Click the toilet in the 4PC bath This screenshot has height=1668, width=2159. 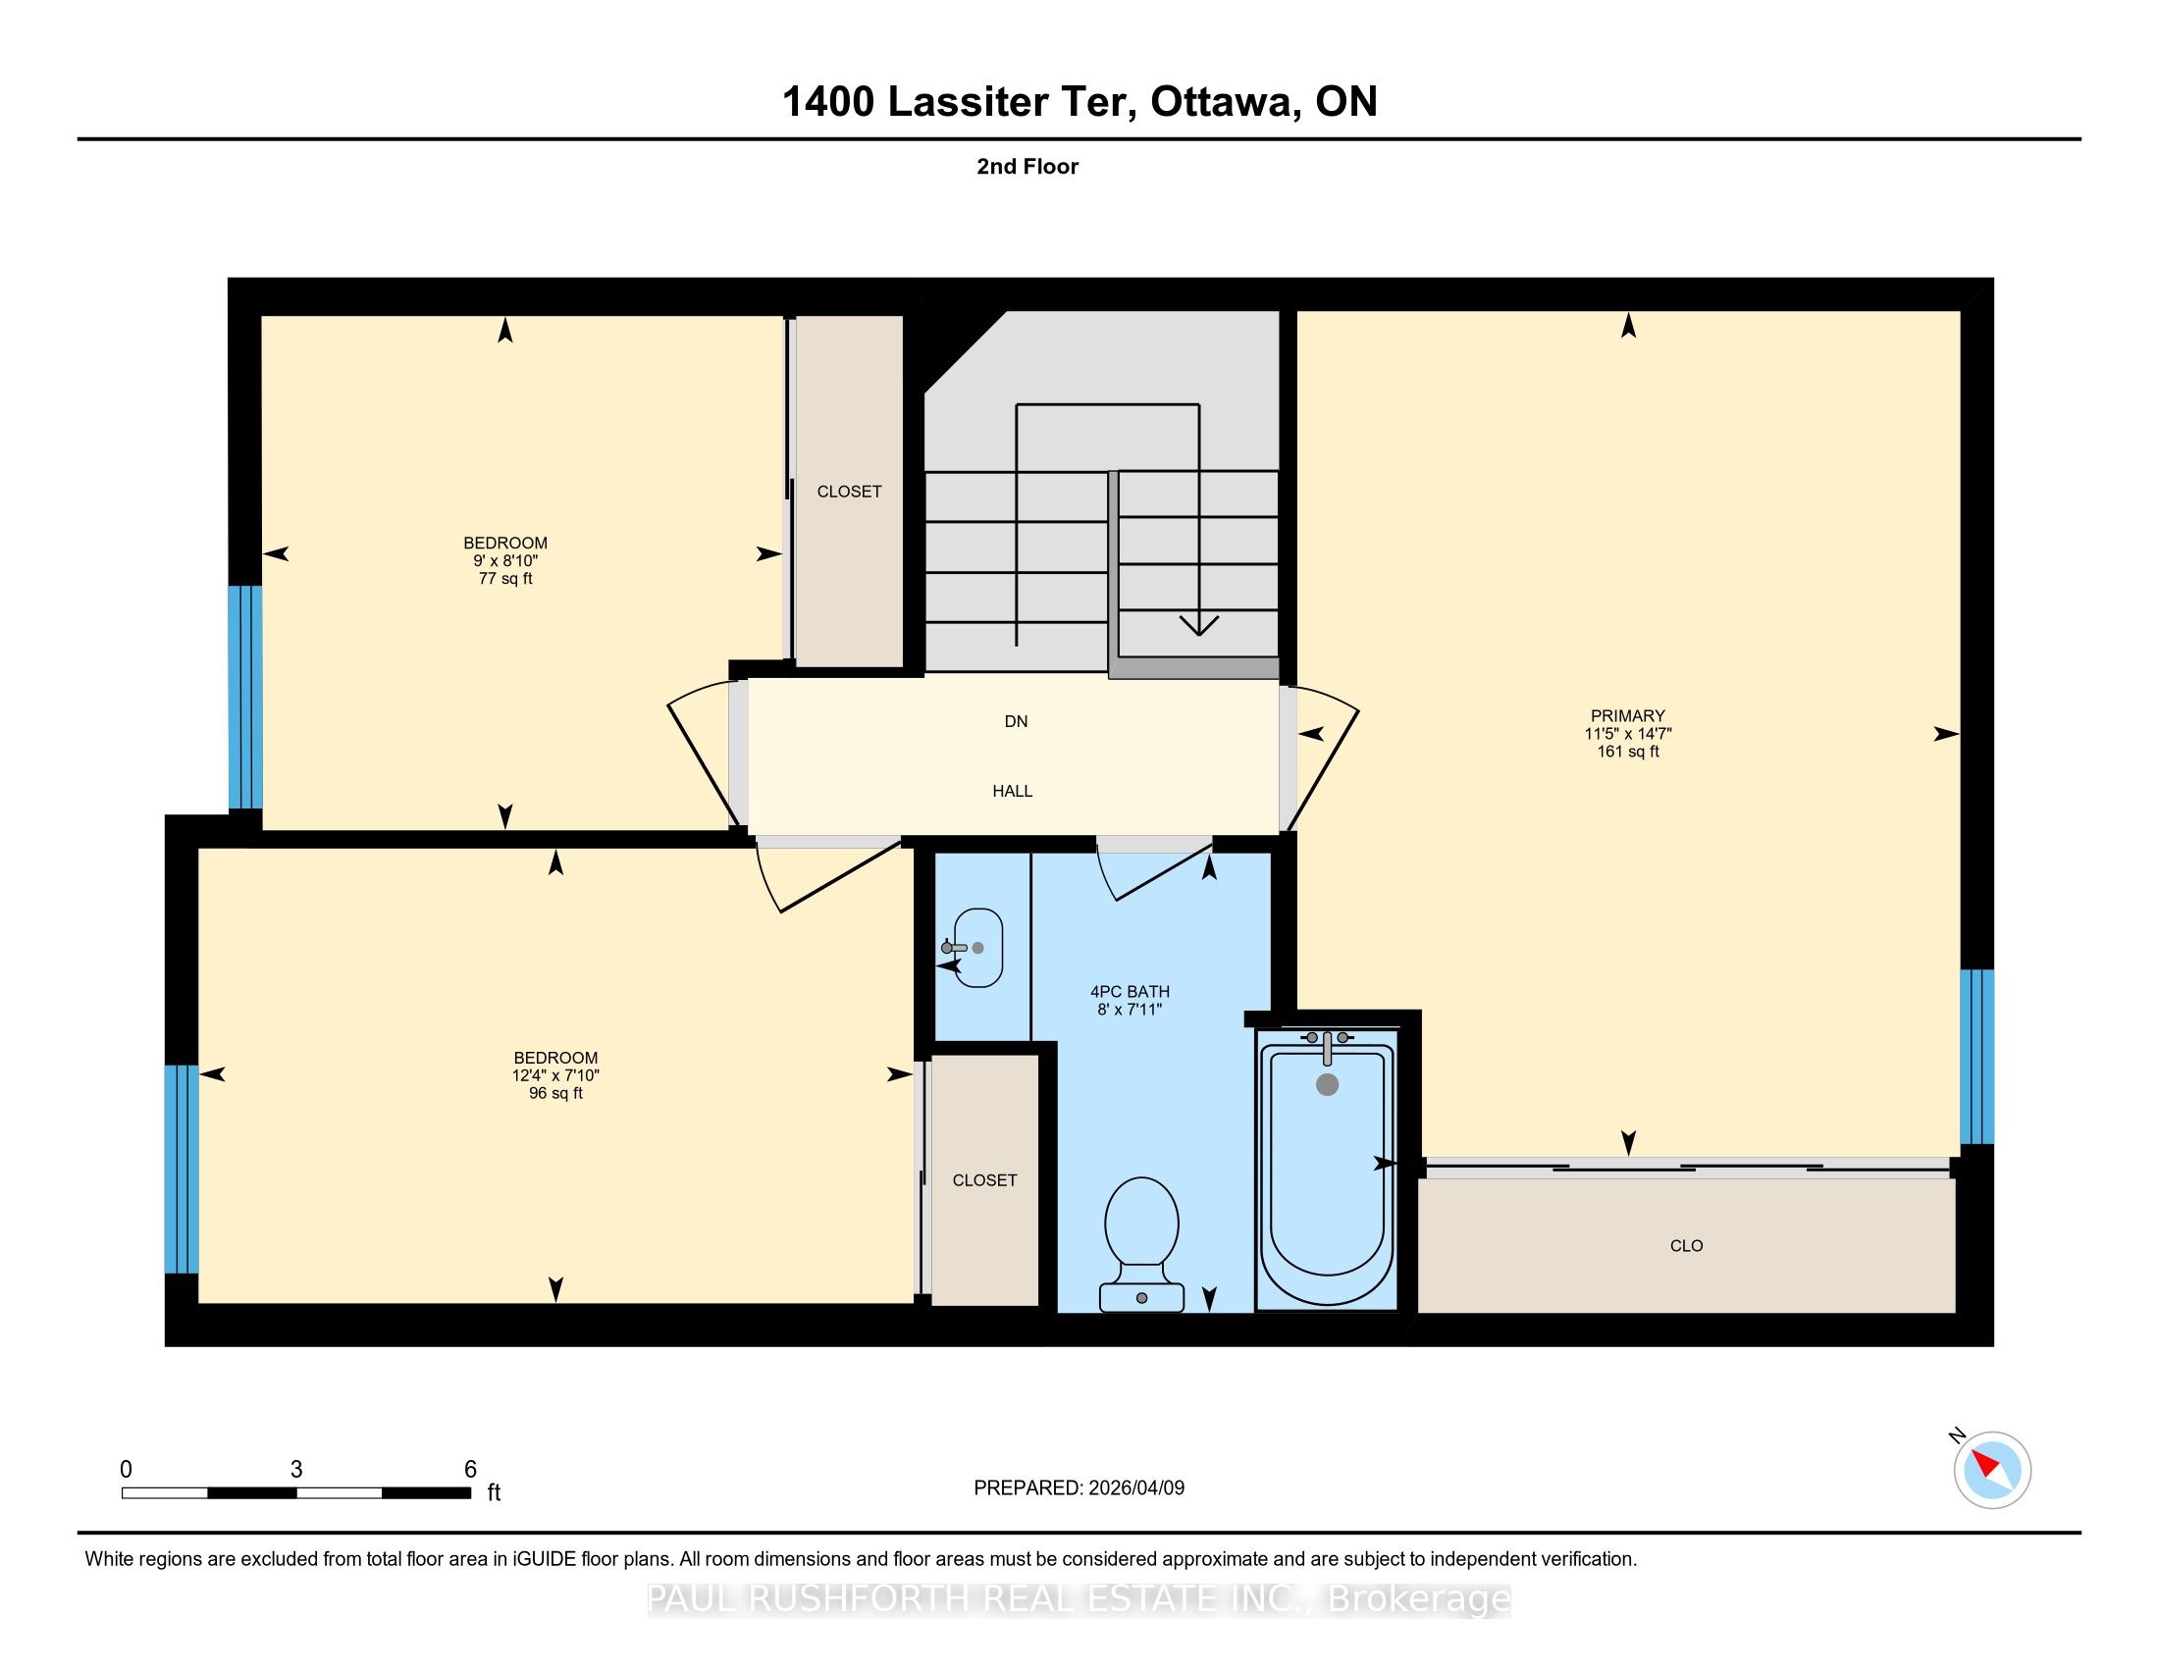pyautogui.click(x=1141, y=1244)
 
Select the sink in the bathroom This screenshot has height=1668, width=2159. pyautogui.click(x=974, y=948)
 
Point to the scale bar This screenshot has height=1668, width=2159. pyautogui.click(x=296, y=1492)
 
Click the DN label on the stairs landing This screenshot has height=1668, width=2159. pyautogui.click(x=1017, y=721)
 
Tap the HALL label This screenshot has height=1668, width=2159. pyautogui.click(x=1013, y=791)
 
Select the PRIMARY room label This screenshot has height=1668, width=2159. pyautogui.click(x=1628, y=715)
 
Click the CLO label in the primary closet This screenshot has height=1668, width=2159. pyautogui.click(x=1686, y=1245)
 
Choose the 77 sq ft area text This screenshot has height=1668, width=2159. pyautogui.click(x=505, y=578)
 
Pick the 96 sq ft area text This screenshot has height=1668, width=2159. pyautogui.click(x=555, y=1093)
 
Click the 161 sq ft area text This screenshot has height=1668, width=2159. pyautogui.click(x=1628, y=751)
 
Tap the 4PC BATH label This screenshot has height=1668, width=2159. pyautogui.click(x=1130, y=991)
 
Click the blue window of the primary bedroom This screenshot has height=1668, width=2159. pyautogui.click(x=1977, y=1057)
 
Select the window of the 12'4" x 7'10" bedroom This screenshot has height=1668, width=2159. pyautogui.click(x=182, y=1169)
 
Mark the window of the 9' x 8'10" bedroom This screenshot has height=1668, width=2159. pyautogui.click(x=245, y=698)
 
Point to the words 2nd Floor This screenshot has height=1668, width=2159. pyautogui.click(x=1027, y=166)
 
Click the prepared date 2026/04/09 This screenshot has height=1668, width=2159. pyautogui.click(x=1135, y=1487)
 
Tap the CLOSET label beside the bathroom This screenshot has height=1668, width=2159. pyautogui.click(x=984, y=1179)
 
